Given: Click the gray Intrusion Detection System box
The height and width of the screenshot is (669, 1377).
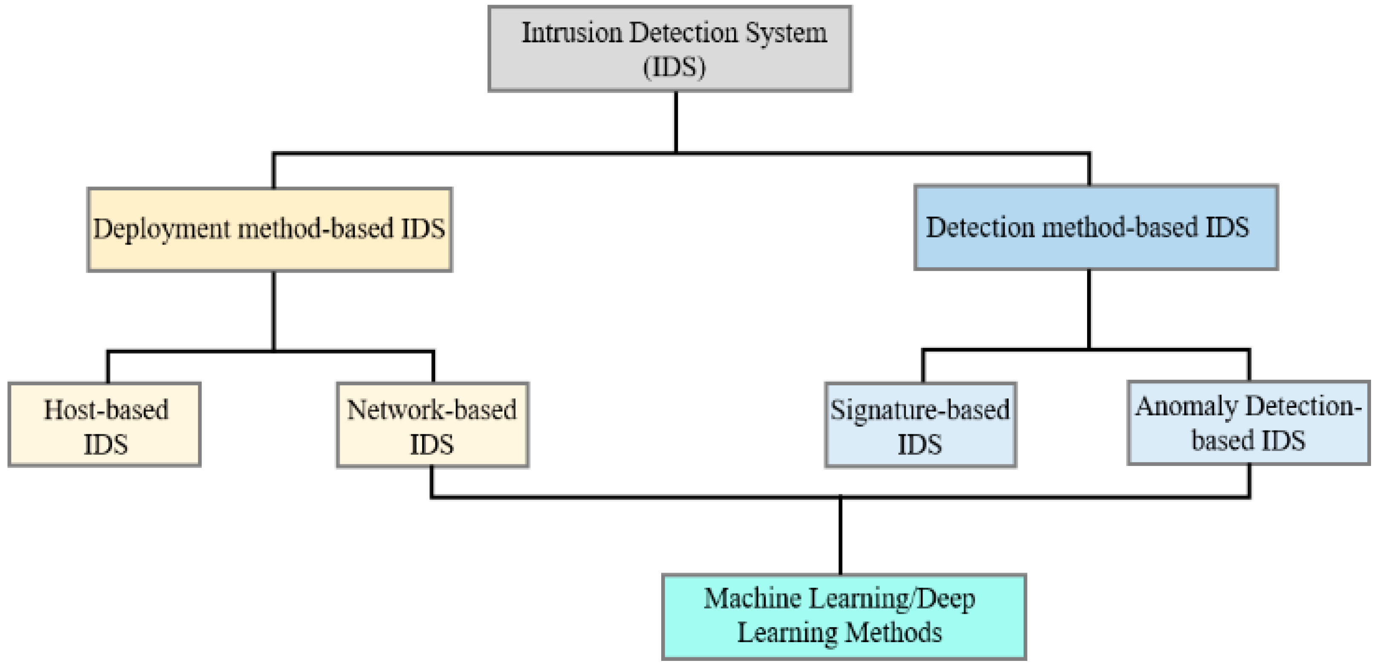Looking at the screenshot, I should [669, 48].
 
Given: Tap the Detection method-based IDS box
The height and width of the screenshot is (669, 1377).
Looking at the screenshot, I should [1095, 228].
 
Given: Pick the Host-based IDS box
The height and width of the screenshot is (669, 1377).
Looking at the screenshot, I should [105, 425].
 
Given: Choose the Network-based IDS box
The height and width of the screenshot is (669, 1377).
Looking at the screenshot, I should [432, 425].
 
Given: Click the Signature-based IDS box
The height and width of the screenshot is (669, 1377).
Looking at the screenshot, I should [920, 425].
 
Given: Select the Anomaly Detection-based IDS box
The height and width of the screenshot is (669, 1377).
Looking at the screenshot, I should [1248, 422].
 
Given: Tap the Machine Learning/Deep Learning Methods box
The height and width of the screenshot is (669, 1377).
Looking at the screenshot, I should [844, 617].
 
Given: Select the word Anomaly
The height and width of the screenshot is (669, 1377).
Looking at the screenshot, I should [1185, 407].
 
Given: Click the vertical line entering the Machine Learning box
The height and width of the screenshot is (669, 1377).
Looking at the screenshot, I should [840, 535].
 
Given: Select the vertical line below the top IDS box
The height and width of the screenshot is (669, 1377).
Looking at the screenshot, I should [676, 122].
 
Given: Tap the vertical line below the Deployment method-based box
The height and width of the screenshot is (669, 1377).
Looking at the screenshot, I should [274, 310].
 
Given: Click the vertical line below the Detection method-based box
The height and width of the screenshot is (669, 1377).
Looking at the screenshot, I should [1089, 309].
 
